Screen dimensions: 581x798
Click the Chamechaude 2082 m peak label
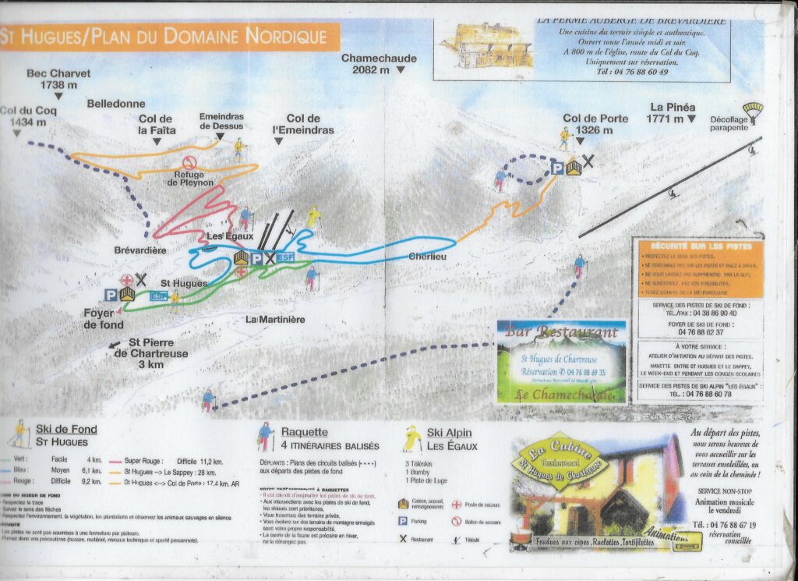tap(379, 64)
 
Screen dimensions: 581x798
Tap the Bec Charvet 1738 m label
tap(58, 79)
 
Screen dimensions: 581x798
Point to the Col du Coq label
tap(28, 117)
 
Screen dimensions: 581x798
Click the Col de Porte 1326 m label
tap(595, 124)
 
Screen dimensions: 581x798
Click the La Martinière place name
tap(274, 320)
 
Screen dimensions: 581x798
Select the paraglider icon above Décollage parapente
tap(752, 110)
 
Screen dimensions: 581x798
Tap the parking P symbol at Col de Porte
tap(557, 168)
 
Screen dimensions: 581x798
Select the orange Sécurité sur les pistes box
tap(700, 267)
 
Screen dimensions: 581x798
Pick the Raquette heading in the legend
tap(304, 432)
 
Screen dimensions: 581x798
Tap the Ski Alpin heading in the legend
tap(447, 433)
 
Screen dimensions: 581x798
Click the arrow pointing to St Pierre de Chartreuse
tap(115, 343)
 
